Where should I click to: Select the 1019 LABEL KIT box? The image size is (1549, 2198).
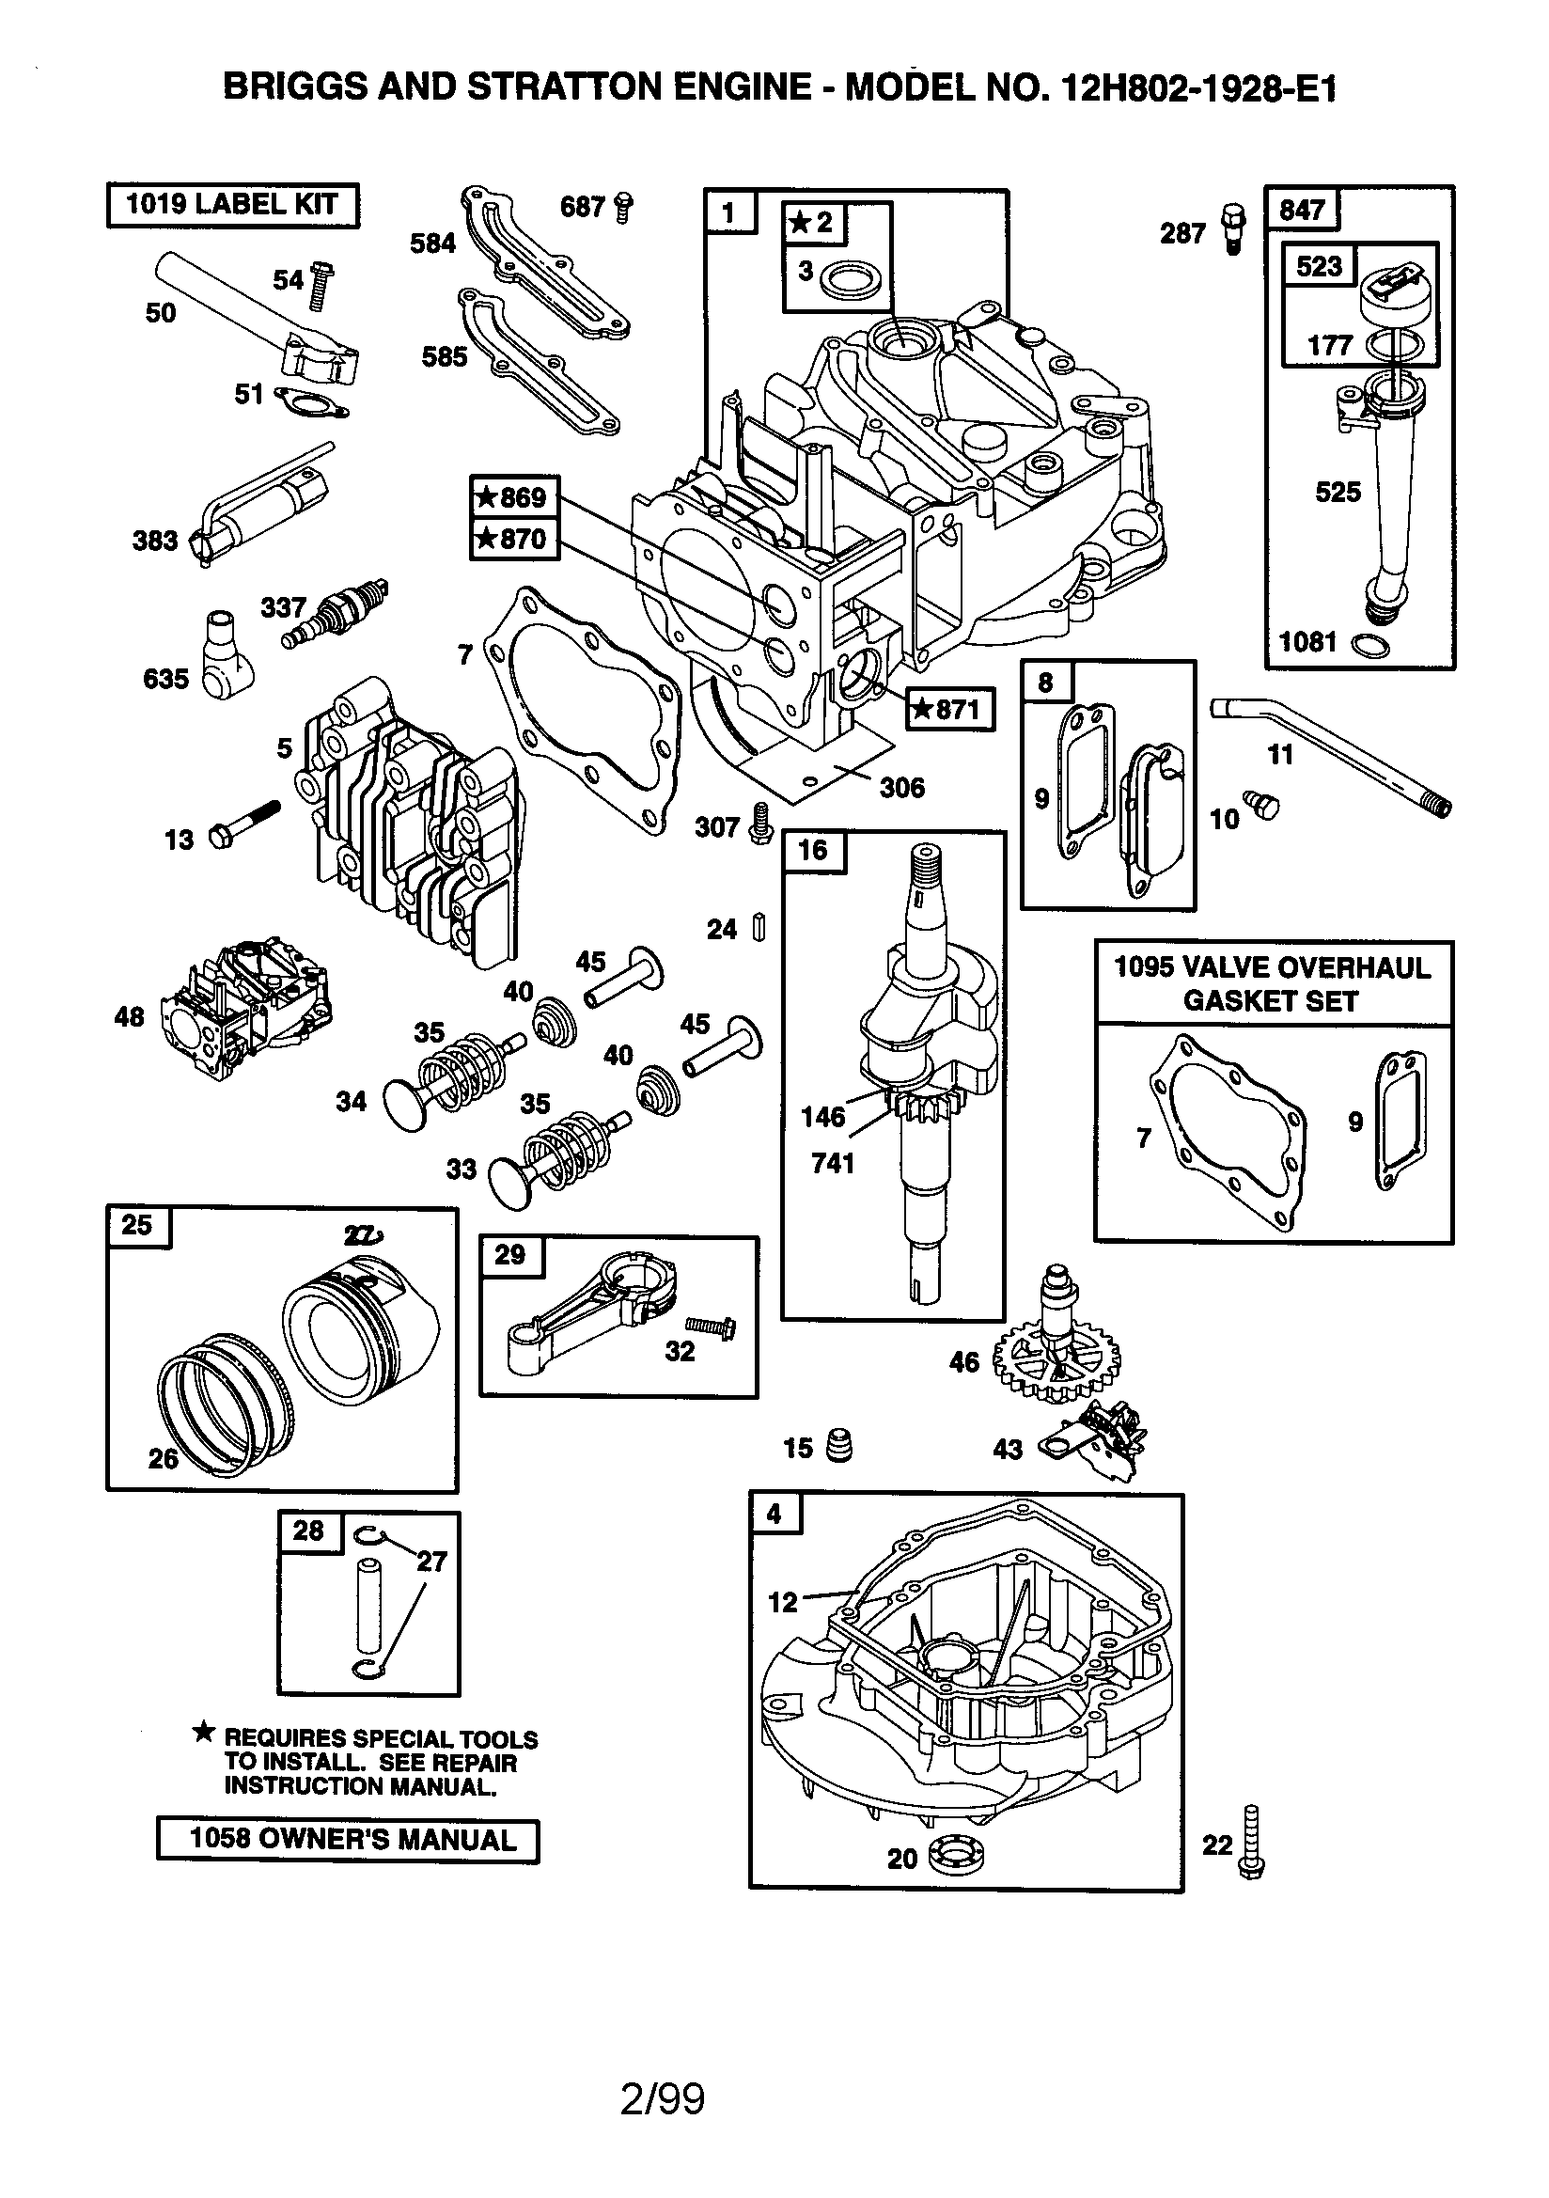click(x=233, y=205)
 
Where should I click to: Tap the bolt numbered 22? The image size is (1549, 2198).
click(x=1251, y=1844)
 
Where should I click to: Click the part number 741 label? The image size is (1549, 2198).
click(x=832, y=1163)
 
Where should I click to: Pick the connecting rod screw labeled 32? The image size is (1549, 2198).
click(x=711, y=1327)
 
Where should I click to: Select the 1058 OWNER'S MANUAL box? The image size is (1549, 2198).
click(x=348, y=1840)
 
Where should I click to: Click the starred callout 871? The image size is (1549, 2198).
click(x=949, y=710)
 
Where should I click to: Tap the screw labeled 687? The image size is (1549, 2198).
click(x=624, y=207)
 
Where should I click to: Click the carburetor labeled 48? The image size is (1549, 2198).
click(x=247, y=1010)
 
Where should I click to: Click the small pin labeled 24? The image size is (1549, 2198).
click(x=759, y=928)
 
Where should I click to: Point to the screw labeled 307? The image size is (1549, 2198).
click(x=761, y=824)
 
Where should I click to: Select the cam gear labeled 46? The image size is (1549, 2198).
click(x=1056, y=1355)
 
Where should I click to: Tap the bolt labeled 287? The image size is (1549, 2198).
click(x=1234, y=229)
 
